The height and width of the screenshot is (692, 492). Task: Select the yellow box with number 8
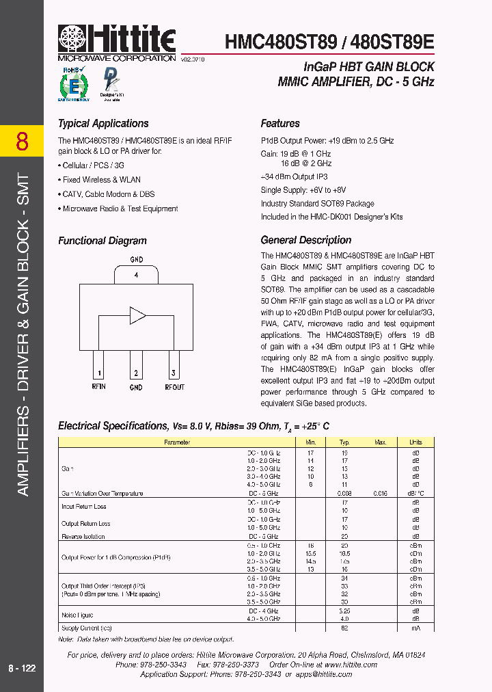pos(22,142)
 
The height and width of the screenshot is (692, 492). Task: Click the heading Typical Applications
pos(103,124)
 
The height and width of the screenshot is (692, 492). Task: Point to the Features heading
pos(280,124)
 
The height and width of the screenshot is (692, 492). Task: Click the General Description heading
pos(305,240)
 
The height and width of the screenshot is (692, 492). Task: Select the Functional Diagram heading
pos(102,241)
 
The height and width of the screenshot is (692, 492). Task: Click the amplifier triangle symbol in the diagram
pos(137,315)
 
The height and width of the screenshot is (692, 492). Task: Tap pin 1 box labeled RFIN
pos(99,373)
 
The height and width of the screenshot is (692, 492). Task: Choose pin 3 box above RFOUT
pos(174,373)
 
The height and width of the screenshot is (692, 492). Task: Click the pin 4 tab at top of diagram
pos(136,275)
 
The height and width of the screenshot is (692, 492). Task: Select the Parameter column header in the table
pos(177,442)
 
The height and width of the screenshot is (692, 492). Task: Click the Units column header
pos(415,442)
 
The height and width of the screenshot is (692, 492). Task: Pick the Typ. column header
pos(344,442)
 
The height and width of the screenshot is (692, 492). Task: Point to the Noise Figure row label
pos(77,615)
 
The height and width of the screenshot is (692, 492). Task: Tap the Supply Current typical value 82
pos(344,628)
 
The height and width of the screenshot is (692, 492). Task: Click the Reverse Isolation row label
pos(84,537)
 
